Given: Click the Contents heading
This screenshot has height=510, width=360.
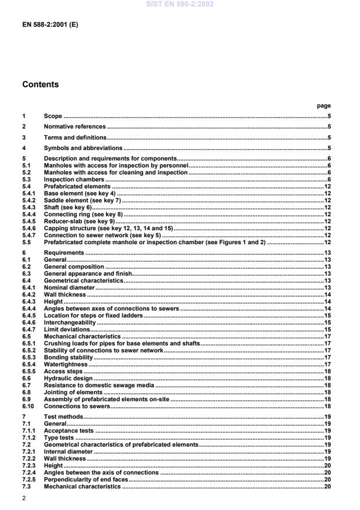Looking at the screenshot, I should (x=40, y=84).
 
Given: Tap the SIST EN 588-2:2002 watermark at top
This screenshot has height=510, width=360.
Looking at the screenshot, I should (x=179, y=4).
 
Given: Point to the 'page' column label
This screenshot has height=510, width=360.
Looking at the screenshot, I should (x=324, y=106).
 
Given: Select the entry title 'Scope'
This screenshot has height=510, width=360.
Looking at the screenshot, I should (x=53, y=116).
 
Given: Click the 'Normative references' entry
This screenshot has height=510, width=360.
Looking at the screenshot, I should (x=74, y=126).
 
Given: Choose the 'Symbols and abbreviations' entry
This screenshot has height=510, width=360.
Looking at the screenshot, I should (x=83, y=148).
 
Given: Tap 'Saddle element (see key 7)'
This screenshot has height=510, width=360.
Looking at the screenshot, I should (x=83, y=200).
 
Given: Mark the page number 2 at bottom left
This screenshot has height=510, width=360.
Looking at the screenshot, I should (x=24, y=498).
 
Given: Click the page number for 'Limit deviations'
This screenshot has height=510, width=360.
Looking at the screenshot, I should (x=327, y=329).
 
